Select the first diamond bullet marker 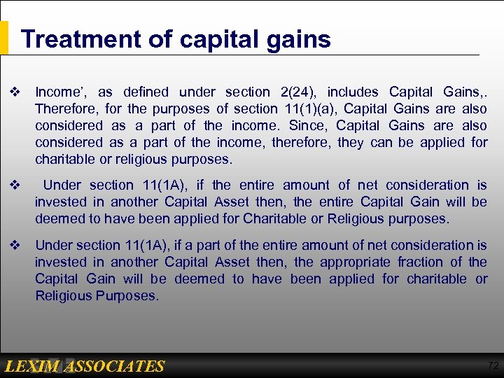[13, 92]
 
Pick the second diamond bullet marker [13, 185]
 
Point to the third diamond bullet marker [13, 246]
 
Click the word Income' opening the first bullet [61, 92]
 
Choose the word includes [353, 92]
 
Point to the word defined [146, 92]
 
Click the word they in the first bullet [350, 142]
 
